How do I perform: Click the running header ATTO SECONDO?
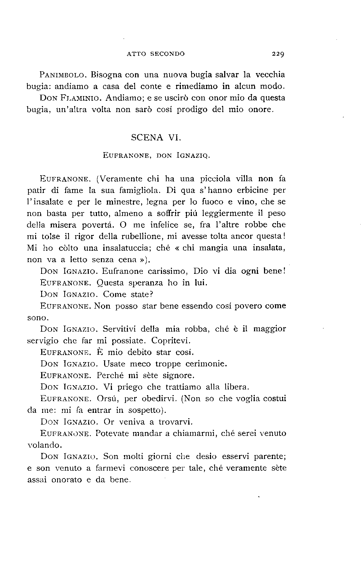pos(156,54)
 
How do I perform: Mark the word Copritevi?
pos(171,340)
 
